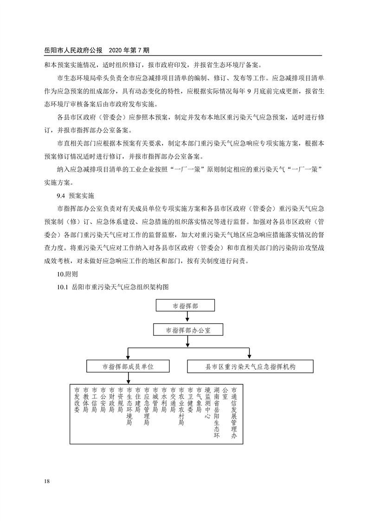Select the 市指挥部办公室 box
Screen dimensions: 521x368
188,330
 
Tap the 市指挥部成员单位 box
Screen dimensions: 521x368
128,366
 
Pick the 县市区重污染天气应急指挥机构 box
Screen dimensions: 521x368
251,366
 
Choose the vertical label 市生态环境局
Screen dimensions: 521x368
129,406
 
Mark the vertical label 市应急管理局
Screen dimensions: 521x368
147,406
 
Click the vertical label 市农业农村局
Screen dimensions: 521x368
181,406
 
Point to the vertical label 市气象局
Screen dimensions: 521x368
199,400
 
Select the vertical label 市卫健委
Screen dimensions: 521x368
190,400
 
